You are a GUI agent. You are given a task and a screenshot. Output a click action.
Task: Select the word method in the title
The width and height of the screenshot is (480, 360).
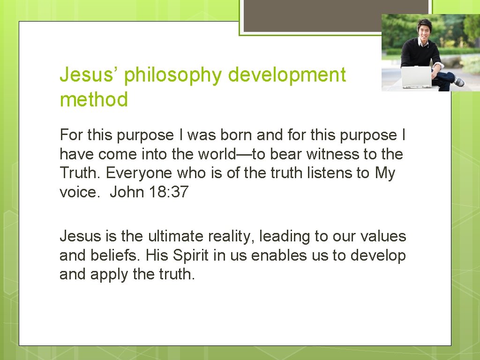point(94,100)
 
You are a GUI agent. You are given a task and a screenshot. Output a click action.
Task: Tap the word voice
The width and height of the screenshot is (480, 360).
point(78,192)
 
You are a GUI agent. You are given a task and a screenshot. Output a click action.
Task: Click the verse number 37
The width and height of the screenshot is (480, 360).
point(180,192)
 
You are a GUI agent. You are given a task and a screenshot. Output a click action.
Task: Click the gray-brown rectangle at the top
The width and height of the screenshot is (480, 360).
point(335,15)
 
